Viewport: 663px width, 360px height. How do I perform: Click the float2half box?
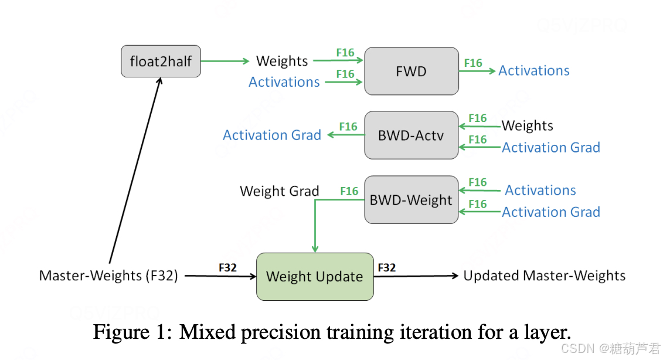pyautogui.click(x=161, y=61)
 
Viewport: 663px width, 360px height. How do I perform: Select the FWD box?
pyautogui.click(x=411, y=71)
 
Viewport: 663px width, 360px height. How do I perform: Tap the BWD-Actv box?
pyautogui.click(x=411, y=135)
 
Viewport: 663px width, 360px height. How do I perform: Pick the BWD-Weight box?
pyautogui.click(x=411, y=200)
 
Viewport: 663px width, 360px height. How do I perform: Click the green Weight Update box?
pyautogui.click(x=315, y=277)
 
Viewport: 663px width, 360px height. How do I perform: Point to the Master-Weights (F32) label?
pyautogui.click(x=108, y=276)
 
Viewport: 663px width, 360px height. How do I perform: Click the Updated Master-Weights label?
pyautogui.click(x=545, y=276)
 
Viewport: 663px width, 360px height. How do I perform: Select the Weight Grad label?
pyautogui.click(x=280, y=191)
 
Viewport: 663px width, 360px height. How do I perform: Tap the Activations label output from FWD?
pyautogui.click(x=534, y=71)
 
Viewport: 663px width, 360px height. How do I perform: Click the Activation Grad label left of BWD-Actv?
pyautogui.click(x=272, y=135)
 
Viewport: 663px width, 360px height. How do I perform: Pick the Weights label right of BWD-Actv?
pyautogui.click(x=528, y=125)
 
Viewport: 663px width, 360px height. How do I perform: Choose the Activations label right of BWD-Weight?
pyautogui.click(x=540, y=190)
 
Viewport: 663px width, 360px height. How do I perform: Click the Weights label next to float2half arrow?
pyautogui.click(x=282, y=61)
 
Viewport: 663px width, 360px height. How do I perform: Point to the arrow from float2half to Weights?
pyautogui.click(x=225, y=61)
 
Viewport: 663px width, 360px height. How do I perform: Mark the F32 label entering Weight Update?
pyautogui.click(x=227, y=267)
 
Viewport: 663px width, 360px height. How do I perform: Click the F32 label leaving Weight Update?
pyautogui.click(x=387, y=267)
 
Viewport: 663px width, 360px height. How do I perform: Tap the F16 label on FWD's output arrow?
pyautogui.click(x=473, y=63)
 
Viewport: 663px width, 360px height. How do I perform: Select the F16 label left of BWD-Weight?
pyautogui.click(x=349, y=191)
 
